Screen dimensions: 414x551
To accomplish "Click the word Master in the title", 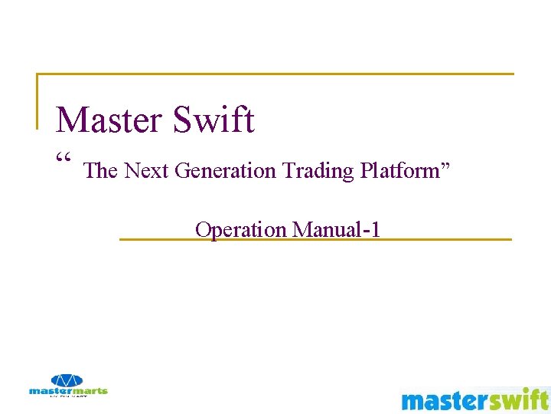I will click(110, 120).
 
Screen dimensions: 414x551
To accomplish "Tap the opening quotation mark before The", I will click(64, 159).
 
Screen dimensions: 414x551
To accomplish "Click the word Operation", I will click(240, 229).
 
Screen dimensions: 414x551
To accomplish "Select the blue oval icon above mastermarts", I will click(68, 380).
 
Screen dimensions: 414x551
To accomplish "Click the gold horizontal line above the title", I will click(275, 74).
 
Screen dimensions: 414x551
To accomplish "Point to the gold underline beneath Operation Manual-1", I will click(315, 240).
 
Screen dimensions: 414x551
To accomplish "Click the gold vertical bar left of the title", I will click(37, 100).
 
